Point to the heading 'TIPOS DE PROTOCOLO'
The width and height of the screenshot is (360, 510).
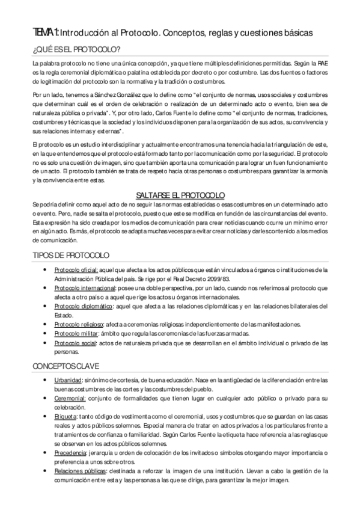[x=71, y=255]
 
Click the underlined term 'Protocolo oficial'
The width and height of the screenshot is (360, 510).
[x=76, y=270]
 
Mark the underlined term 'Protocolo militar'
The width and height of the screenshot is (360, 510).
[x=76, y=333]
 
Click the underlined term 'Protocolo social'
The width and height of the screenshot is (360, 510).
[x=75, y=343]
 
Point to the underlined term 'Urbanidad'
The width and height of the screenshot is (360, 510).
[x=68, y=380]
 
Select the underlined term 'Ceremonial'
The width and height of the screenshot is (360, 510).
[x=70, y=398]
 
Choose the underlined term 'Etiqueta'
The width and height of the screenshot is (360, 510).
[x=66, y=416]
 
